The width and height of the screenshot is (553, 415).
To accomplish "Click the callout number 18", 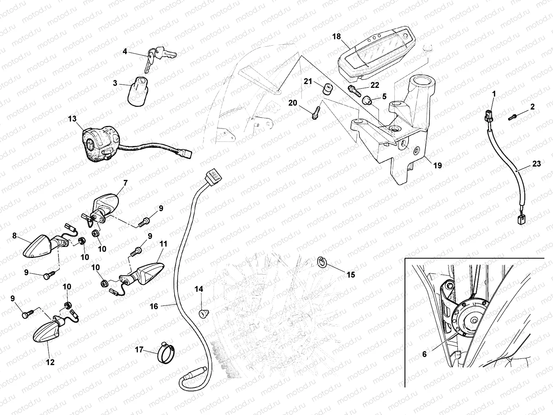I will (x=337, y=36).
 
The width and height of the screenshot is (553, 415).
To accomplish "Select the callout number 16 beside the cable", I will (x=154, y=306).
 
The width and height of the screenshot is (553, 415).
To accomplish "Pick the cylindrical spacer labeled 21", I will (x=327, y=89).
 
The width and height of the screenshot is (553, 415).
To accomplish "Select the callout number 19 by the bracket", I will (x=437, y=166).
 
